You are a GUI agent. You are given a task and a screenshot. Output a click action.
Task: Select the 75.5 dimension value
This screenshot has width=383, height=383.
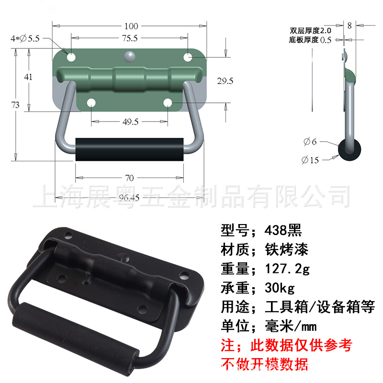pyautogui.click(x=129, y=38)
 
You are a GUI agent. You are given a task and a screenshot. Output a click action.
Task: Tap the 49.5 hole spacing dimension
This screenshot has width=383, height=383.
pyautogui.click(x=130, y=122)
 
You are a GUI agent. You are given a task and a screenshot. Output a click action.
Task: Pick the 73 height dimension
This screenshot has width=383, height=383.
pyautogui.click(x=15, y=105)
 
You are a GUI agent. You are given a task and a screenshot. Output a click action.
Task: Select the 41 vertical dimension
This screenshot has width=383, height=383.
pyautogui.click(x=28, y=77)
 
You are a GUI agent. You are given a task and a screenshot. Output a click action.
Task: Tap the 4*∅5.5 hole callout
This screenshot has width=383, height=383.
pyautogui.click(x=26, y=39)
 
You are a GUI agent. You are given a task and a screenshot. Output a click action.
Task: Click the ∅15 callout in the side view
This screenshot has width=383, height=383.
pyautogui.click(x=310, y=160)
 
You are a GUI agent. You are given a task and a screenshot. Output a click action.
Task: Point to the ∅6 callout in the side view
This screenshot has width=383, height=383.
pyautogui.click(x=310, y=142)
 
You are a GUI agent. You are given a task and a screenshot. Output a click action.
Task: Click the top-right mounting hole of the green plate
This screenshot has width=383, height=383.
pyautogui.click(x=188, y=57)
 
